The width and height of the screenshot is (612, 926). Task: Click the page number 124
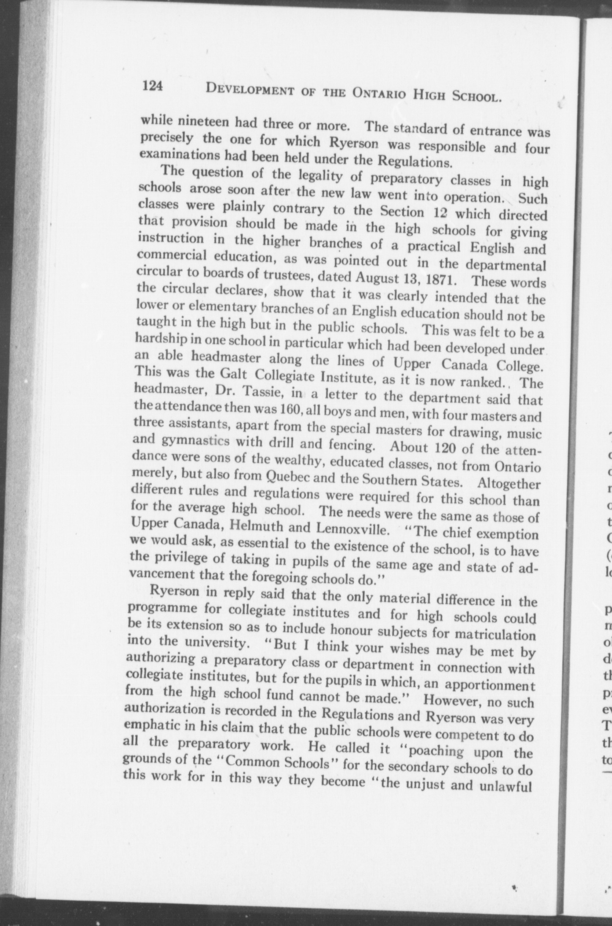pyautogui.click(x=153, y=87)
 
